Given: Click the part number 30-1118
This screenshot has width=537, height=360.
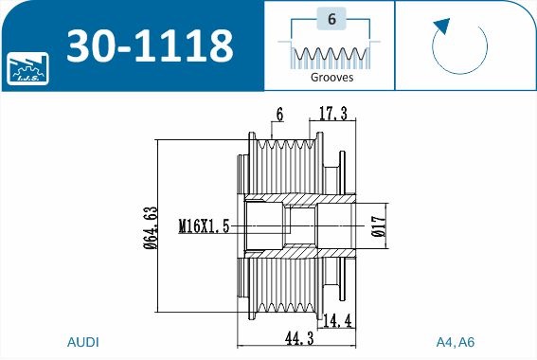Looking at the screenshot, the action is [x=150, y=45].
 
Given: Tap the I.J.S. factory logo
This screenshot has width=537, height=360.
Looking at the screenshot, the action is [x=27, y=68].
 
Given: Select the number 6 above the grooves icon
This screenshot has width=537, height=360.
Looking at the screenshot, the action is [x=331, y=19].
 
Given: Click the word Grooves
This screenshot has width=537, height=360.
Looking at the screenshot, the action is [x=331, y=77].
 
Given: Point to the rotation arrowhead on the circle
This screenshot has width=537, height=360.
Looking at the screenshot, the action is [x=442, y=26].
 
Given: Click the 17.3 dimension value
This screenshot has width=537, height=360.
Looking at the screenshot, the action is [x=332, y=113].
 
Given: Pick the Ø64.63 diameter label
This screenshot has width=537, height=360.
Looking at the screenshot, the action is [x=151, y=227].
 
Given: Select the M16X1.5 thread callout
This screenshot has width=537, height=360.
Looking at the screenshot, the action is [x=204, y=226].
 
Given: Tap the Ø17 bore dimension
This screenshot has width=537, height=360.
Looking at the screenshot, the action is [x=379, y=226].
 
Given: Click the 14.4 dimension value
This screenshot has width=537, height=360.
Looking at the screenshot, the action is [x=338, y=321].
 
